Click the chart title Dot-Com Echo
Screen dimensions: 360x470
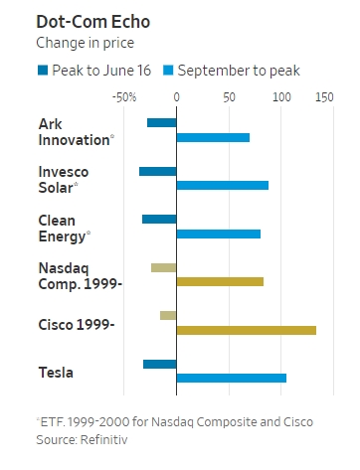click(93, 22)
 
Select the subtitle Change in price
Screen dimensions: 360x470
click(86, 43)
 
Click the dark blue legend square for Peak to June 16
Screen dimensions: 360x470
click(43, 71)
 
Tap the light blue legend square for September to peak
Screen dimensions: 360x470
click(168, 71)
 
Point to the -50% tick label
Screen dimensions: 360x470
click(124, 97)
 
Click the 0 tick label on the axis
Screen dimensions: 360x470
click(176, 97)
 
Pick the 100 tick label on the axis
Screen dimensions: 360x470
click(281, 97)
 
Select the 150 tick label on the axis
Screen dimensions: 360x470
click(324, 97)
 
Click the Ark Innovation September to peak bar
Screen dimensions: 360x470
click(213, 137)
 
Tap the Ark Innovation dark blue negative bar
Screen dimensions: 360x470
click(162, 123)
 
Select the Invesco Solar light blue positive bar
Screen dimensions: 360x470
click(223, 185)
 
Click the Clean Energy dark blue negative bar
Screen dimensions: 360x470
click(159, 220)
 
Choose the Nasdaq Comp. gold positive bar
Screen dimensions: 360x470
click(220, 281)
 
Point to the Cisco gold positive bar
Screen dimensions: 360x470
click(247, 330)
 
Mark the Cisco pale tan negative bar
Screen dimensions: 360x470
click(168, 315)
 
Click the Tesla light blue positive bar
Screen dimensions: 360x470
click(232, 378)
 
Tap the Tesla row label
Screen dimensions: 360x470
click(56, 373)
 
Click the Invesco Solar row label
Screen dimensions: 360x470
click(64, 180)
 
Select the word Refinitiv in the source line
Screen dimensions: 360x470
click(103, 440)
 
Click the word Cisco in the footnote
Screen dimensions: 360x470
click(298, 422)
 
